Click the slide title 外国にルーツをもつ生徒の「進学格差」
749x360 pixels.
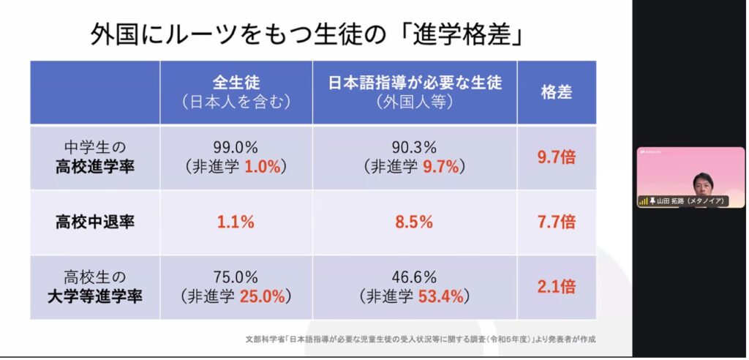point(306,34)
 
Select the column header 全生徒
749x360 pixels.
point(236,83)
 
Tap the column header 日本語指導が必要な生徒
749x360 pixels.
point(415,83)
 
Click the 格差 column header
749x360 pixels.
point(556,92)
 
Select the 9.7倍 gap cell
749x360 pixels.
point(556,157)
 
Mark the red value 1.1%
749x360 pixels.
point(236,222)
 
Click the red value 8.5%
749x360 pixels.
point(415,222)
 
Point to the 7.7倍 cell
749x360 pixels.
point(556,222)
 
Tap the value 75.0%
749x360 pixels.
point(236,278)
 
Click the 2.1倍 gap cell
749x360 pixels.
point(556,287)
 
